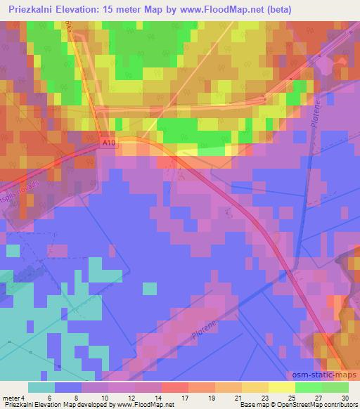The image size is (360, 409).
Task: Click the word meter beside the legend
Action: click(x=10, y=398)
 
